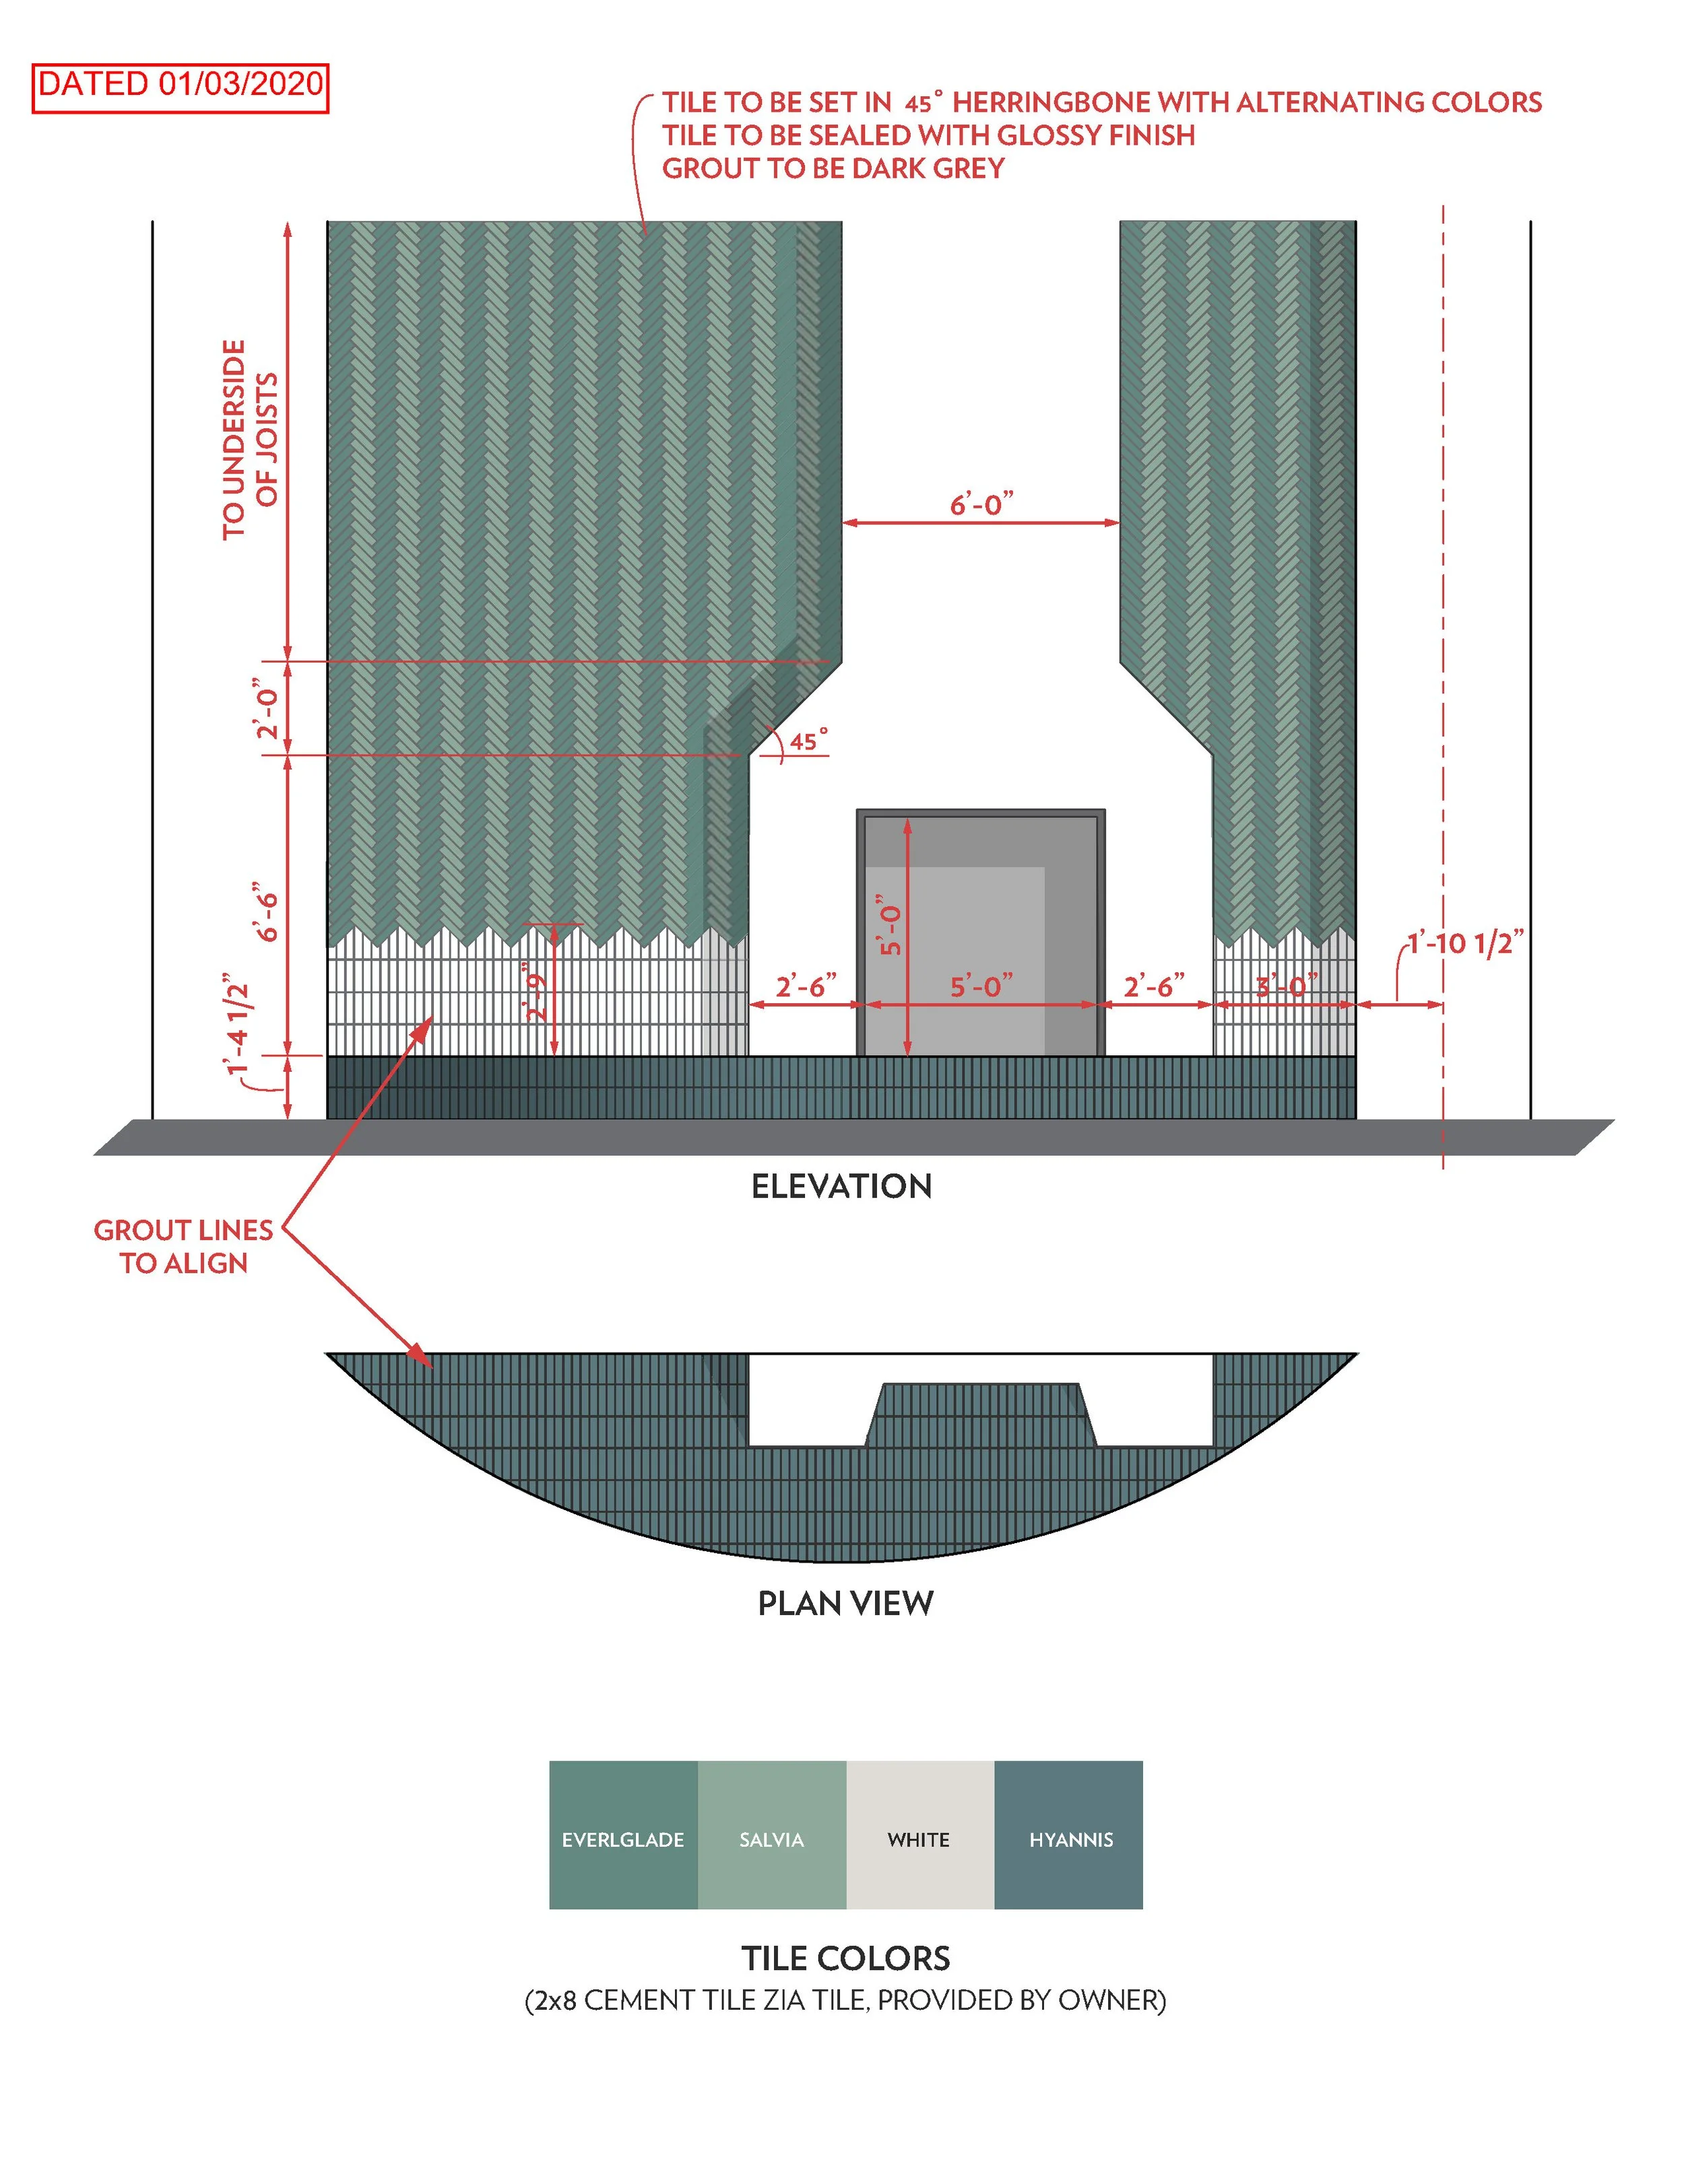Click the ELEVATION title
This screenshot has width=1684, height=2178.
click(x=841, y=1187)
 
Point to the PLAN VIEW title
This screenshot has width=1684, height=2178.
click(x=845, y=1604)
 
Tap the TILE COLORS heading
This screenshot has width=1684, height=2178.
click(x=845, y=1958)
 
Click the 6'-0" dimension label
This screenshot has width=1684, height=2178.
click(x=981, y=505)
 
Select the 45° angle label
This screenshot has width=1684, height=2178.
click(x=808, y=741)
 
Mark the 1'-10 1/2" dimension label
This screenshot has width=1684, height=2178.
click(x=1464, y=943)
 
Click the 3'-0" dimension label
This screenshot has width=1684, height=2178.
click(x=1286, y=987)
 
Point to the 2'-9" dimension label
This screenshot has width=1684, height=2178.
click(x=537, y=992)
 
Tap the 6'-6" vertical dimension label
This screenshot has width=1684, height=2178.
click(x=265, y=912)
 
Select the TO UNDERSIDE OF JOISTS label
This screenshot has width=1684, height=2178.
click(x=249, y=440)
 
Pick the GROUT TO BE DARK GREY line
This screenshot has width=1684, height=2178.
click(x=833, y=168)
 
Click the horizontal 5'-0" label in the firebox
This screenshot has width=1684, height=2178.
click(x=981, y=987)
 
